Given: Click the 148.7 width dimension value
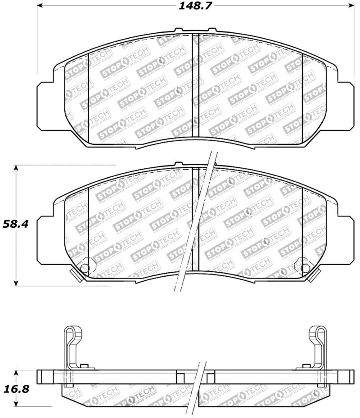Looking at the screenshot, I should (195, 6).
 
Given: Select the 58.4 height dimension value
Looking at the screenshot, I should (16, 224).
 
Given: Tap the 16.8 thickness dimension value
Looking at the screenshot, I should (16, 388).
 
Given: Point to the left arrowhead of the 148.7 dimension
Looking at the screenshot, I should (40, 6).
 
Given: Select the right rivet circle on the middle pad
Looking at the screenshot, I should (305, 269).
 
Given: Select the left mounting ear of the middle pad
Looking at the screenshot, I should (45, 238).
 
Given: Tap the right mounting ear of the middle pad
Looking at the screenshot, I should (346, 238).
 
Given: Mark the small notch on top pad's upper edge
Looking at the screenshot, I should (179, 31).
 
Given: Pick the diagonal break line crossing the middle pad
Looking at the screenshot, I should (196, 225).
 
